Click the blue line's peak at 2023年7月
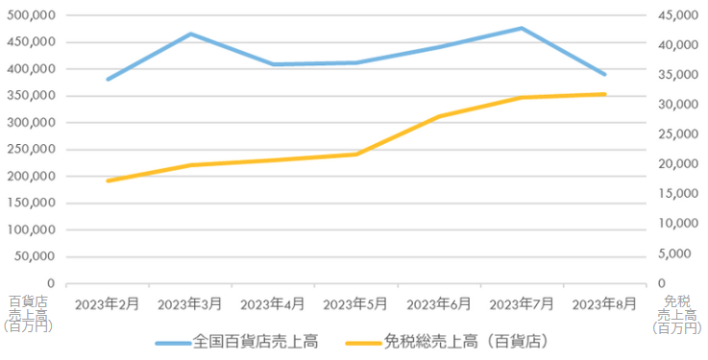[x=522, y=28]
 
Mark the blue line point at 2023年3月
[x=190, y=34]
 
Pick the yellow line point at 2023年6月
[x=439, y=116]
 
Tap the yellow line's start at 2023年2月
[x=108, y=180]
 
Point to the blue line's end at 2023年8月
[x=604, y=74]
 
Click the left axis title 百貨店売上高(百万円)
[x=27, y=314]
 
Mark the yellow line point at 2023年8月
[x=604, y=94]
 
